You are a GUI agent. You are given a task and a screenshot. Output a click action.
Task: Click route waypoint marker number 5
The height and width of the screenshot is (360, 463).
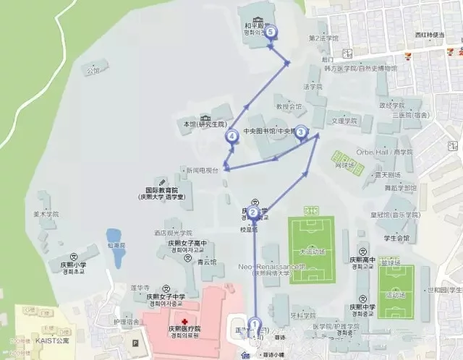271,32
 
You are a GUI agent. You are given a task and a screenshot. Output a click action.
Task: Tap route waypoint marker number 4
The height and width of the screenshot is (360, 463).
232,135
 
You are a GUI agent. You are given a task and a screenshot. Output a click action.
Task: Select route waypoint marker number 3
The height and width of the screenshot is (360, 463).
301,132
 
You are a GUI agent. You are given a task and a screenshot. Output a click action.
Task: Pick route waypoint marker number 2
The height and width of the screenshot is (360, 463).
254,212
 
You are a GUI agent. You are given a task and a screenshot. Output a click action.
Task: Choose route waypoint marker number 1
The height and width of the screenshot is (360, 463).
254,324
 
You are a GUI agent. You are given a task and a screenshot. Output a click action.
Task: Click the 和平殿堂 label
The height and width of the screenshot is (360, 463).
250,25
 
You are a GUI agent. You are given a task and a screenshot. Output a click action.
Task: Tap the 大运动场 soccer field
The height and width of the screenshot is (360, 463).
313,249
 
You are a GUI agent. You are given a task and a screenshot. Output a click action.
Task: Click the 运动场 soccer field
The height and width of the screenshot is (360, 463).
396,292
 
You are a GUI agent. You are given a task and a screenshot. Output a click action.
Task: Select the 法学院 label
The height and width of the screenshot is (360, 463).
313,86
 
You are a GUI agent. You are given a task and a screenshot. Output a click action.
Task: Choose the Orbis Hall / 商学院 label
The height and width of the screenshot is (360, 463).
383,153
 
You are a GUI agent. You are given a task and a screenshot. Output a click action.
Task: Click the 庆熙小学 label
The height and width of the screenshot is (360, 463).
72,265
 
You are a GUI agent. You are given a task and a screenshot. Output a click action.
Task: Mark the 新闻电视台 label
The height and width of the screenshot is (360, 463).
202,171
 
